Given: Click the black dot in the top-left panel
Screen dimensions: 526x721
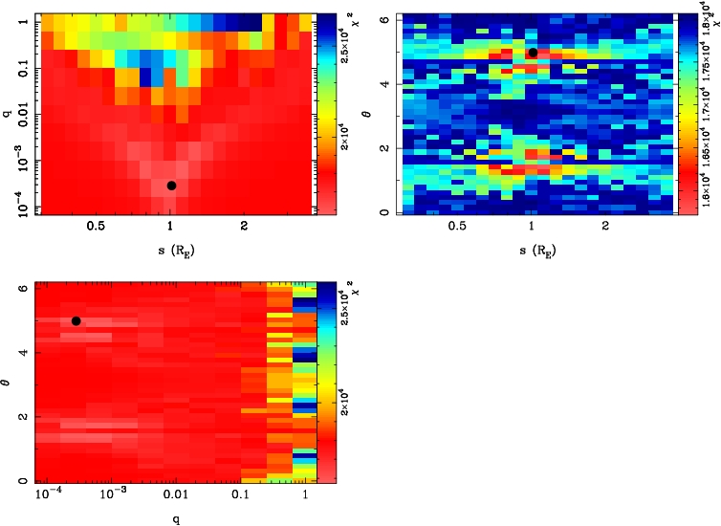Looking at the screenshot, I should [x=171, y=185].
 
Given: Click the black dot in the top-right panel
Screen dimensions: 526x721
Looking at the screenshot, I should [x=533, y=53].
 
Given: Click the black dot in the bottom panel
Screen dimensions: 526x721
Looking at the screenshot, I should [x=76, y=320].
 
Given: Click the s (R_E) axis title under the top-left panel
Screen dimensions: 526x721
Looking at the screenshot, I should [x=170, y=251].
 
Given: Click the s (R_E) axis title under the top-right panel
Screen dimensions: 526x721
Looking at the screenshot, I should [x=532, y=251].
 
